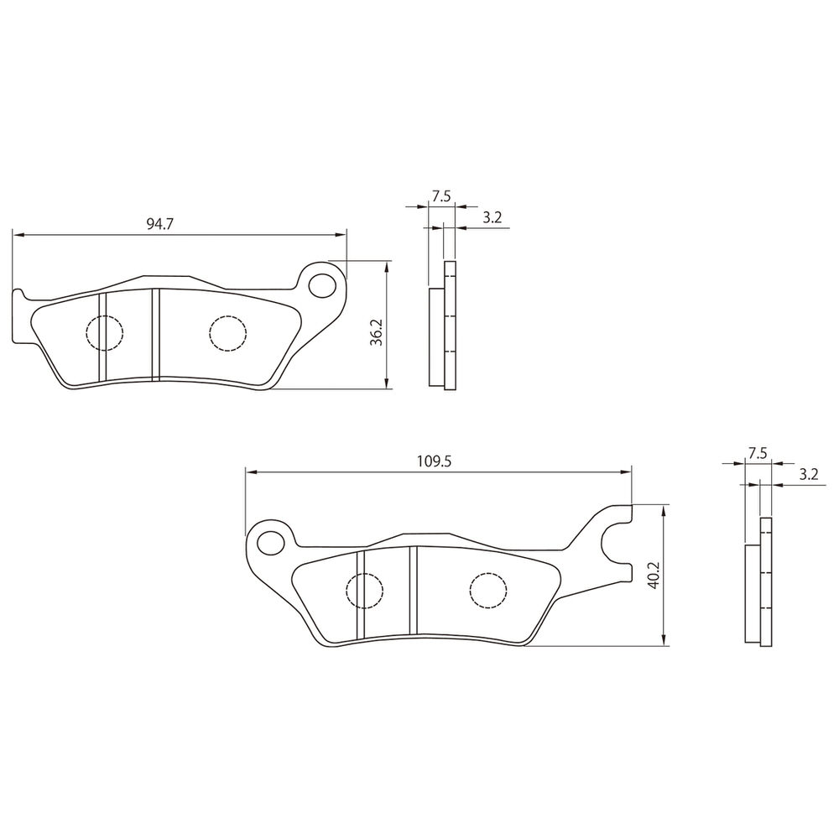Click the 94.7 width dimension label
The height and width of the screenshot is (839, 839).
pos(160,224)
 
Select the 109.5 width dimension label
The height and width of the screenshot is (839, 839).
pos(435,461)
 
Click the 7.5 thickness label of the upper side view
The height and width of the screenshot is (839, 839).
pos(442,196)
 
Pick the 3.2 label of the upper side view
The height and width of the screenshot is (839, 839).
pos(492,217)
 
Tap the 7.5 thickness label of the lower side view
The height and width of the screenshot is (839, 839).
pos(758,454)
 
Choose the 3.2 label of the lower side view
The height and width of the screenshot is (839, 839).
pos(809,475)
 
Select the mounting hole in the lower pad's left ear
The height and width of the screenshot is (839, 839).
pos(271,543)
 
